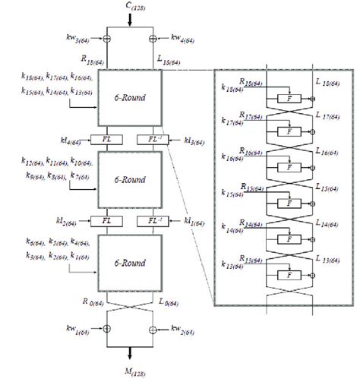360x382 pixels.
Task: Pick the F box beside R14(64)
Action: (x=286, y=242)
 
